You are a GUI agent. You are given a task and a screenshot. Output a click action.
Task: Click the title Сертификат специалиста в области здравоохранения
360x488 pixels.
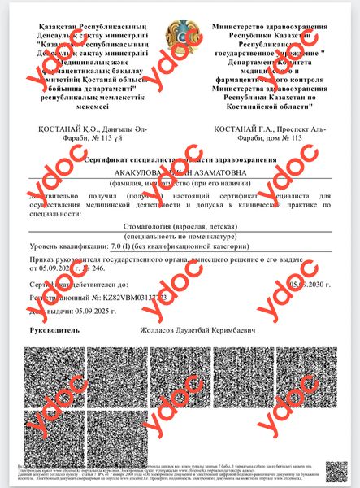pos(180,163)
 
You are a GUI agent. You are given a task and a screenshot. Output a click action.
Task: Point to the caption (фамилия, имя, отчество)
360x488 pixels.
pos(180,185)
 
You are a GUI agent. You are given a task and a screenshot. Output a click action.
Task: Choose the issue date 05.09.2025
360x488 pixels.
pos(93,311)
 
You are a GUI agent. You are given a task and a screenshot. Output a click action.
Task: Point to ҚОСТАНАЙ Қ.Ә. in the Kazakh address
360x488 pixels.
pos(64,131)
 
